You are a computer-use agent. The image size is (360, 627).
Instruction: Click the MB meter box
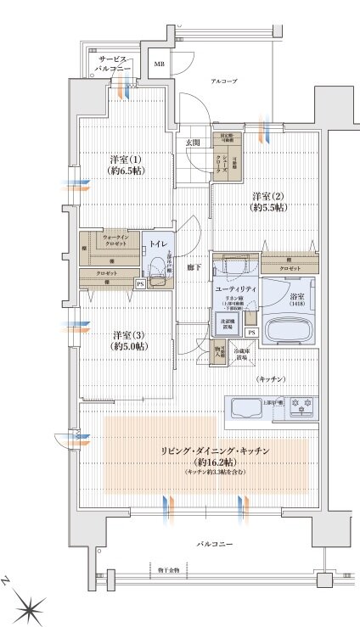click(159, 64)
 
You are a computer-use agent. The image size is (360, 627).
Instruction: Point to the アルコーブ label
click(225, 81)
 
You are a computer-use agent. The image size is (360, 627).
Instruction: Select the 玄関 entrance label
click(193, 143)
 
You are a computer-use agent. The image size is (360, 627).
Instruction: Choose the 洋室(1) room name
click(124, 160)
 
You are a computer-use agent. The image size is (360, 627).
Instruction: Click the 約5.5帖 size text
click(267, 207)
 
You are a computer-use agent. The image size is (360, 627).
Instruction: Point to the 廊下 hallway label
click(194, 268)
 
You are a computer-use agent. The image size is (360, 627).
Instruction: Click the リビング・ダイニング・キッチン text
click(208, 451)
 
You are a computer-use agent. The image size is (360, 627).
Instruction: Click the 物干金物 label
click(169, 569)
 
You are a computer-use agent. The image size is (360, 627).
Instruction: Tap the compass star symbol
click(32, 605)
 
